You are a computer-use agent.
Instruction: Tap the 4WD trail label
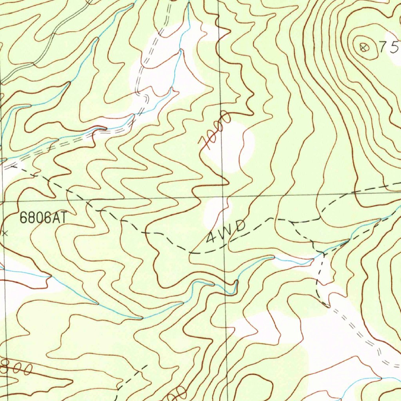point(226,232)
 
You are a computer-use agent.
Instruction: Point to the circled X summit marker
point(364,48)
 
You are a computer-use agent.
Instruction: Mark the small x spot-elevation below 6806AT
point(5,233)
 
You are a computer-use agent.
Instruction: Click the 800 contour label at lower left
point(16,368)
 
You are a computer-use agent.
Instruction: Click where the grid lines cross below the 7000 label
point(222,196)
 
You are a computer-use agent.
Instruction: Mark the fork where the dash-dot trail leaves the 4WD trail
point(292,222)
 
